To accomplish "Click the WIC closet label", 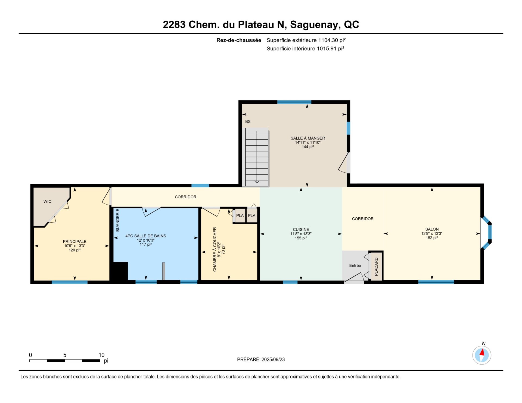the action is (x=47, y=201).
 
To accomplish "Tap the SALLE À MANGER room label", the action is (x=308, y=138).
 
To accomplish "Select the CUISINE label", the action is (x=301, y=229).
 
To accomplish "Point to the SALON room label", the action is (x=432, y=229).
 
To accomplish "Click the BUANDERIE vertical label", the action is (x=118, y=220).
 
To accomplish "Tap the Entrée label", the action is (x=355, y=265).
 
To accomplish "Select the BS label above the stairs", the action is (x=248, y=121).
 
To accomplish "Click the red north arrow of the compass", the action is (x=482, y=352).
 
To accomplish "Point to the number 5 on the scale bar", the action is (x=65, y=355).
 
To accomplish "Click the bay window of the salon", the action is (x=487, y=233).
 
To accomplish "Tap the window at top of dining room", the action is (x=294, y=102).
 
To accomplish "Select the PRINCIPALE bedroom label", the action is (x=74, y=241).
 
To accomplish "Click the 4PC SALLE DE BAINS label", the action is (x=146, y=236).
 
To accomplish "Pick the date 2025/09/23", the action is (x=273, y=360).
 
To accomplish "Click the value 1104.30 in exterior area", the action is (x=328, y=40).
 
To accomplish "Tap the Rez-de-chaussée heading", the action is (x=239, y=40).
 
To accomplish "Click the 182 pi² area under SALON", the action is (x=432, y=238).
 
